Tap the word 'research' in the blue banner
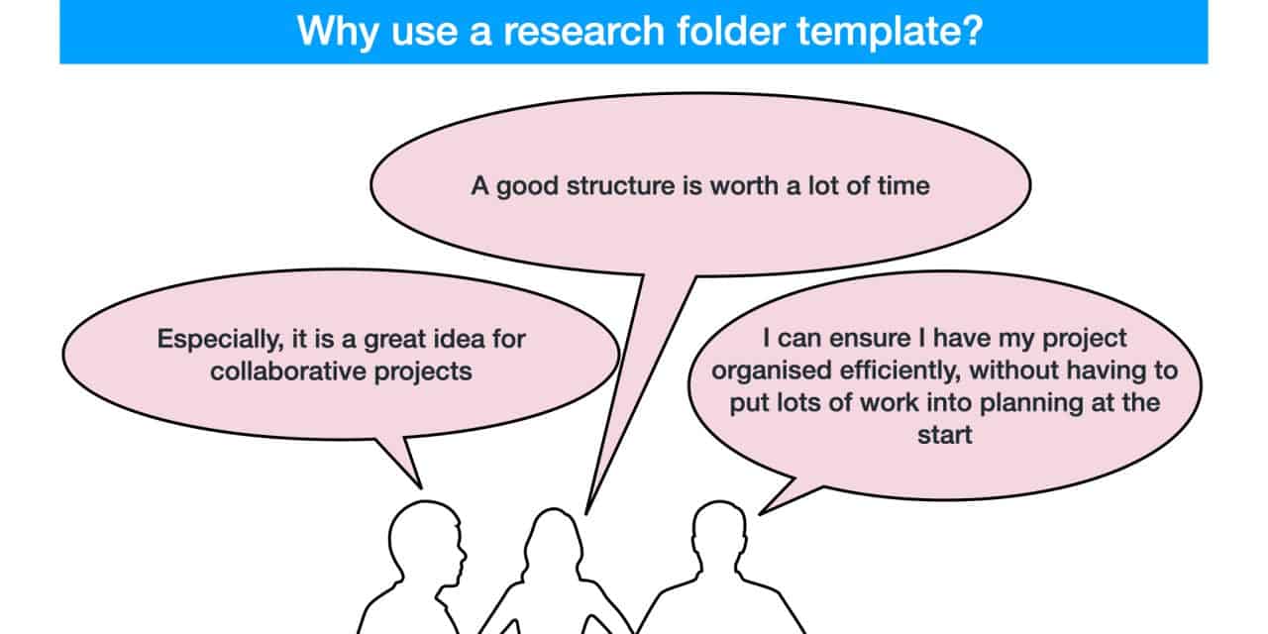click(x=558, y=30)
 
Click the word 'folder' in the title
click(x=716, y=30)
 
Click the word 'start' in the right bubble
click(x=944, y=434)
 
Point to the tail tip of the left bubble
click(x=420, y=487)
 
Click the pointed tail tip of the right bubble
click(x=761, y=513)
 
